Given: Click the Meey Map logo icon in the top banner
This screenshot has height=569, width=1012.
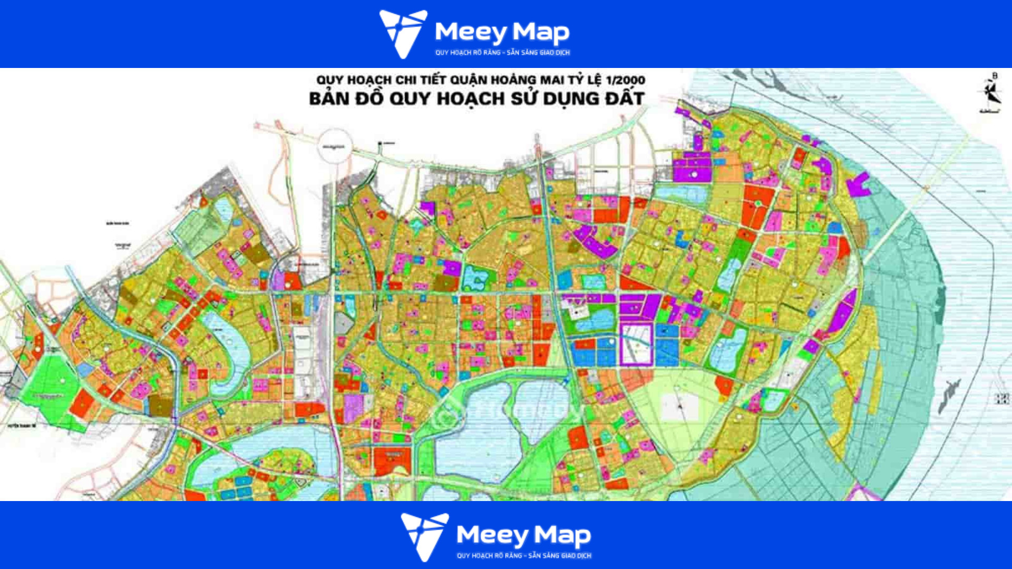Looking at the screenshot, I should pos(402,33).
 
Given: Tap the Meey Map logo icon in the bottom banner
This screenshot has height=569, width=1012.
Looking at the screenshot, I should pos(424,536).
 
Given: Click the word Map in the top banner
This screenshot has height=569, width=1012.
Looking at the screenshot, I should pos(541,32).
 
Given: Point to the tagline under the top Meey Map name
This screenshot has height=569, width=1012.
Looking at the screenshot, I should pos(502,53).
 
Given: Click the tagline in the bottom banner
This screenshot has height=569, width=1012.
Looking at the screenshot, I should pos(524,556).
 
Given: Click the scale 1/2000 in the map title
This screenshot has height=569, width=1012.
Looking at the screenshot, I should pos(626,80).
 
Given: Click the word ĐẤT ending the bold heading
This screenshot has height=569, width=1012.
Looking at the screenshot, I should pos(625,99).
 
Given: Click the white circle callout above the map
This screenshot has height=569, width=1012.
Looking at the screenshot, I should pos(334,146).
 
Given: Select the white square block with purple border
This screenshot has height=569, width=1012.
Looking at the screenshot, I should pos(636,345).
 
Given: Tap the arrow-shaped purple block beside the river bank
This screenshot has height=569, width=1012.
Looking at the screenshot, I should pos(858,184).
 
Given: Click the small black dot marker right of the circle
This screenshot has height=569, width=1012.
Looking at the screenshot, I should pos(380,143).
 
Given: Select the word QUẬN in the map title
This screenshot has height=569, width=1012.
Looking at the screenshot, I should pos(468,80).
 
